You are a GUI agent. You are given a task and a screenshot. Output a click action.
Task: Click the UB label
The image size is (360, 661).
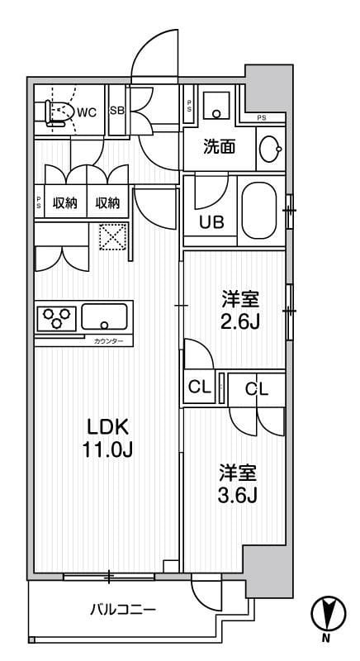point(211,221)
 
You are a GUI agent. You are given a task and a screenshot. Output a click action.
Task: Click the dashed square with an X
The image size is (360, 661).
point(111,239)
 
